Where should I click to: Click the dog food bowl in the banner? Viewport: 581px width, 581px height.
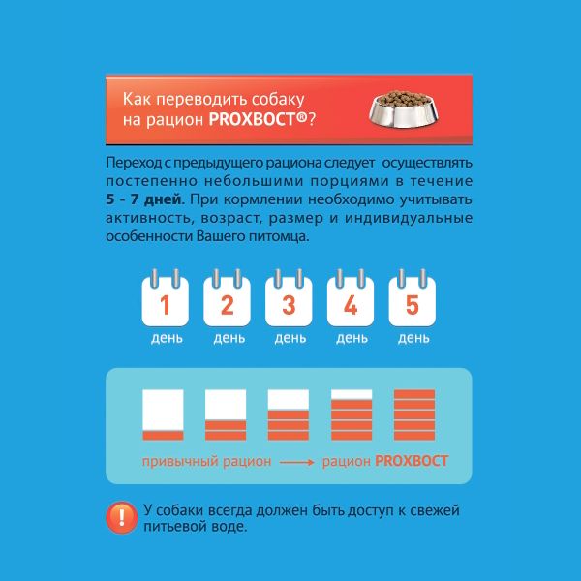(x=404, y=108)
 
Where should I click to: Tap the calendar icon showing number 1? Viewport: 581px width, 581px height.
(x=166, y=298)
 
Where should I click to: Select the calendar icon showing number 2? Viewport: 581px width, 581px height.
(x=227, y=298)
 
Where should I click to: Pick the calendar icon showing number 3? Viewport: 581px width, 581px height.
(x=289, y=298)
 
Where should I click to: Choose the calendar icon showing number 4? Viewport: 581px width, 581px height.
(x=351, y=298)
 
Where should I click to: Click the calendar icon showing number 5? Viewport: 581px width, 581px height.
(x=413, y=298)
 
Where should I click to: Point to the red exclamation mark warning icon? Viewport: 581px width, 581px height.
(x=122, y=517)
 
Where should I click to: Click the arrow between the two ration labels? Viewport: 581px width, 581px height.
(x=297, y=462)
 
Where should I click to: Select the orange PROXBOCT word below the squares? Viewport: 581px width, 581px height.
(x=412, y=461)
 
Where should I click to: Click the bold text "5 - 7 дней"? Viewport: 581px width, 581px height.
(x=143, y=199)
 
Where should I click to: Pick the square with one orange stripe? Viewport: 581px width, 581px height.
(x=163, y=414)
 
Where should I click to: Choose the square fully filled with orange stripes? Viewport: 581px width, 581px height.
(x=414, y=414)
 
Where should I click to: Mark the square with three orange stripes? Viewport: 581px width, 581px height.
(x=289, y=414)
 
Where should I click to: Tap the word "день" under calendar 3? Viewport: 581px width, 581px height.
(x=290, y=338)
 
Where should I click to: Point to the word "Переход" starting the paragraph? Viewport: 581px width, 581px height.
(x=134, y=163)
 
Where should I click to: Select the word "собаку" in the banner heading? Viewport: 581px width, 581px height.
(x=278, y=99)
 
